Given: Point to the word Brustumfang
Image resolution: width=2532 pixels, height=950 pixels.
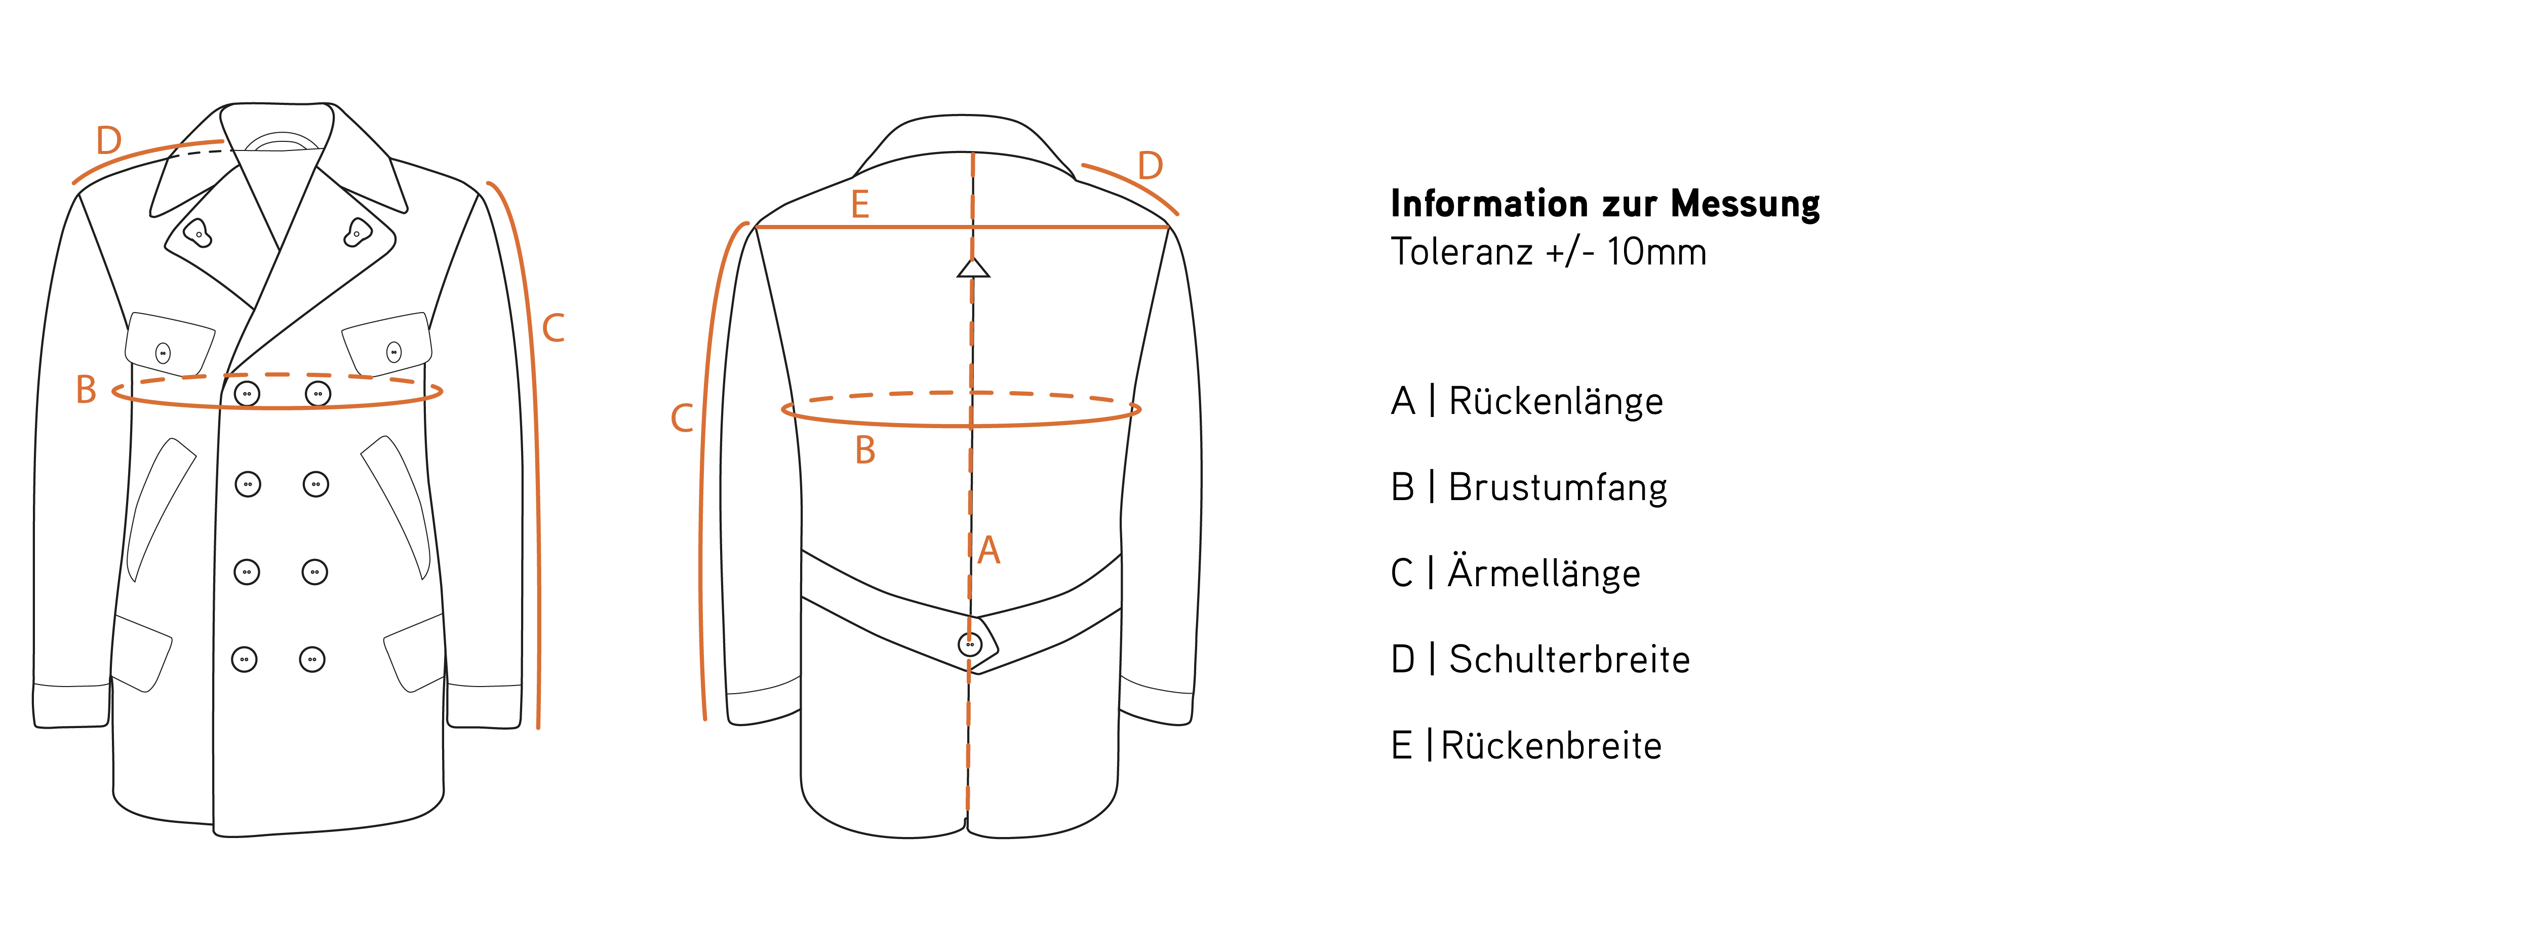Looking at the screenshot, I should [x=1557, y=488].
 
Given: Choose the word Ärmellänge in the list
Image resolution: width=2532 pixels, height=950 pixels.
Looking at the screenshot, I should [x=1543, y=574].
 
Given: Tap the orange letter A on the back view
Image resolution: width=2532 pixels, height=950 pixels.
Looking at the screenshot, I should [x=989, y=551].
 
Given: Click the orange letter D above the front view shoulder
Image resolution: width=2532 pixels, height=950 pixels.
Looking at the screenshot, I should [x=108, y=141].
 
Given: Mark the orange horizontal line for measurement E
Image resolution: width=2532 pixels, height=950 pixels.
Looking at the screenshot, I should [x=1061, y=227].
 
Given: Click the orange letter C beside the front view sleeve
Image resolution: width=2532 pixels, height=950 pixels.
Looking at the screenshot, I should [x=553, y=328].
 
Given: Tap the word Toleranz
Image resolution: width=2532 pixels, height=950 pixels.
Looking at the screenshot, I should [x=1460, y=253].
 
